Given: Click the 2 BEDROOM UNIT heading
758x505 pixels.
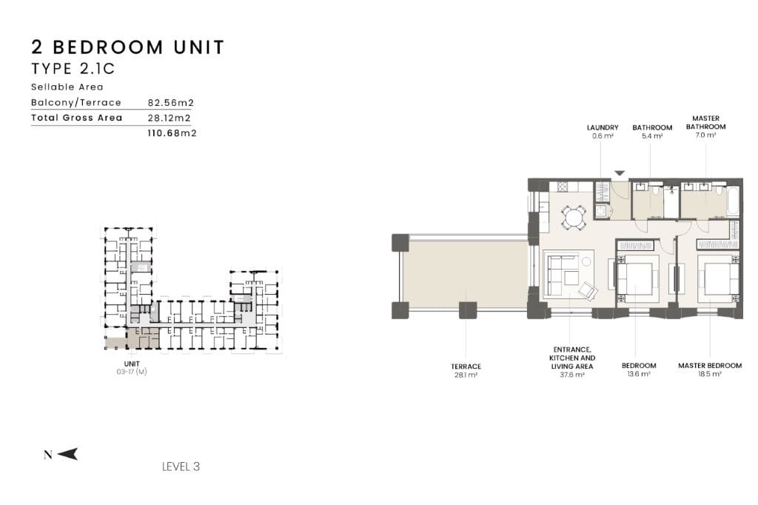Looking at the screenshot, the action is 127,47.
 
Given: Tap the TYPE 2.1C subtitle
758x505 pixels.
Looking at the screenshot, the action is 73,69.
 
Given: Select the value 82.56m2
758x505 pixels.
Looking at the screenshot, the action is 171,102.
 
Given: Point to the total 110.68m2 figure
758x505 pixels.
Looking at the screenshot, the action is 172,133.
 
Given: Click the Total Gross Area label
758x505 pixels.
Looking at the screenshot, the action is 76,118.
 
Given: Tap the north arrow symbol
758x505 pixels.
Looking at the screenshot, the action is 67,454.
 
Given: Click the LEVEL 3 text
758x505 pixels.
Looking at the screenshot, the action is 181,466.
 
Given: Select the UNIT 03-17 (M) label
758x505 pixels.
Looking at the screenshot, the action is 132,367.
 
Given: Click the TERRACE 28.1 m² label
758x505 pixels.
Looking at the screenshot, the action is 466,370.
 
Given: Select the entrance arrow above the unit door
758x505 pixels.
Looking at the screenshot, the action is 620,173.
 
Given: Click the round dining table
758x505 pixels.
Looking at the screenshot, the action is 574,217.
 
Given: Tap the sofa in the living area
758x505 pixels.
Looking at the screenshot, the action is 558,272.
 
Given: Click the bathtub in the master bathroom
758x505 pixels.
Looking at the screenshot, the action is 734,201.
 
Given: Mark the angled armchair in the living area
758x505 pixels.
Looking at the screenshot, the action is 588,290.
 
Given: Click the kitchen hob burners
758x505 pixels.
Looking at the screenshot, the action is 563,187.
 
